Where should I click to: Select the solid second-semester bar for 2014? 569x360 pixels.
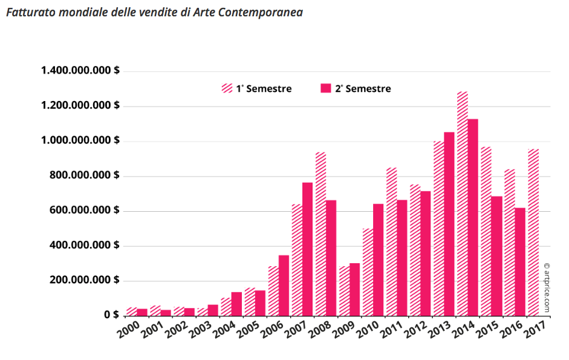click(x=473, y=217)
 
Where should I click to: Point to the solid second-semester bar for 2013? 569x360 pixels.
click(x=449, y=224)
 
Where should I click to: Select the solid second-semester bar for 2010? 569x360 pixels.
click(x=379, y=260)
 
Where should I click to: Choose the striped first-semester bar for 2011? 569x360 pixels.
click(x=392, y=241)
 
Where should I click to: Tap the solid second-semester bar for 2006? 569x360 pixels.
click(x=284, y=285)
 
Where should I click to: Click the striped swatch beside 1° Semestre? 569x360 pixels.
click(x=227, y=89)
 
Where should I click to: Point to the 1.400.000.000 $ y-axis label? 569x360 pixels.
click(x=80, y=71)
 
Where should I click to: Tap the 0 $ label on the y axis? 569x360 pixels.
click(x=111, y=315)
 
